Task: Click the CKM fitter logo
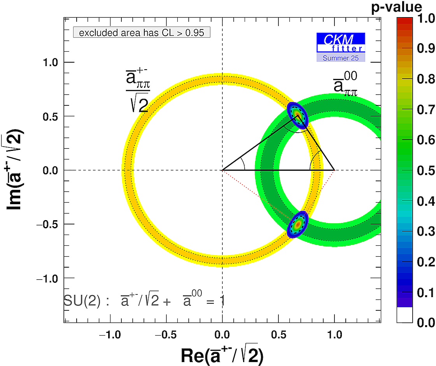(x=341, y=42)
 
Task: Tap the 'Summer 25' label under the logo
(x=341, y=58)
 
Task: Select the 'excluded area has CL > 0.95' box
(x=142, y=33)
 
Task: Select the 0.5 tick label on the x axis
(x=278, y=334)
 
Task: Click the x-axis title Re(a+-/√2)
(x=222, y=355)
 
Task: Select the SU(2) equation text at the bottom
(x=144, y=301)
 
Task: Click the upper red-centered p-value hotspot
(x=297, y=115)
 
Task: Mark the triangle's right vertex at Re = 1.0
(x=334, y=170)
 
